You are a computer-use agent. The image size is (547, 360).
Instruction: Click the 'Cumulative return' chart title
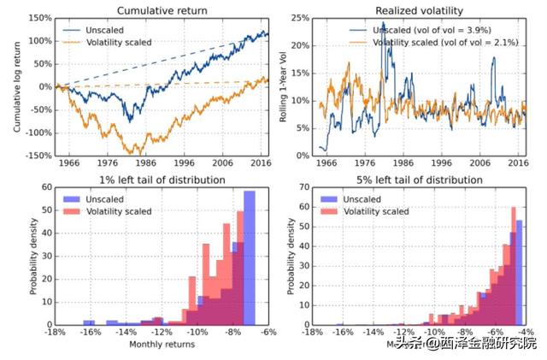pyautogui.click(x=162, y=9)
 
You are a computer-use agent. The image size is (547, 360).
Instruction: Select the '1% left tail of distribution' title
pyautogui.click(x=163, y=180)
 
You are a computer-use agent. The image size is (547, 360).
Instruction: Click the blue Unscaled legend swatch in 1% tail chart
pyautogui.click(x=74, y=198)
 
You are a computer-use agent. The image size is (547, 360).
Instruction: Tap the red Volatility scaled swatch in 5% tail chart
pyautogui.click(x=328, y=210)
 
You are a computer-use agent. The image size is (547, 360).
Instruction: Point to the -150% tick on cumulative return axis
pyautogui.click(x=38, y=156)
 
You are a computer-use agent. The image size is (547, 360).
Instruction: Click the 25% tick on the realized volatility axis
pyautogui.click(x=300, y=18)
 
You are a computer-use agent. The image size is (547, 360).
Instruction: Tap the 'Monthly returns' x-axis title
pyautogui.click(x=162, y=345)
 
